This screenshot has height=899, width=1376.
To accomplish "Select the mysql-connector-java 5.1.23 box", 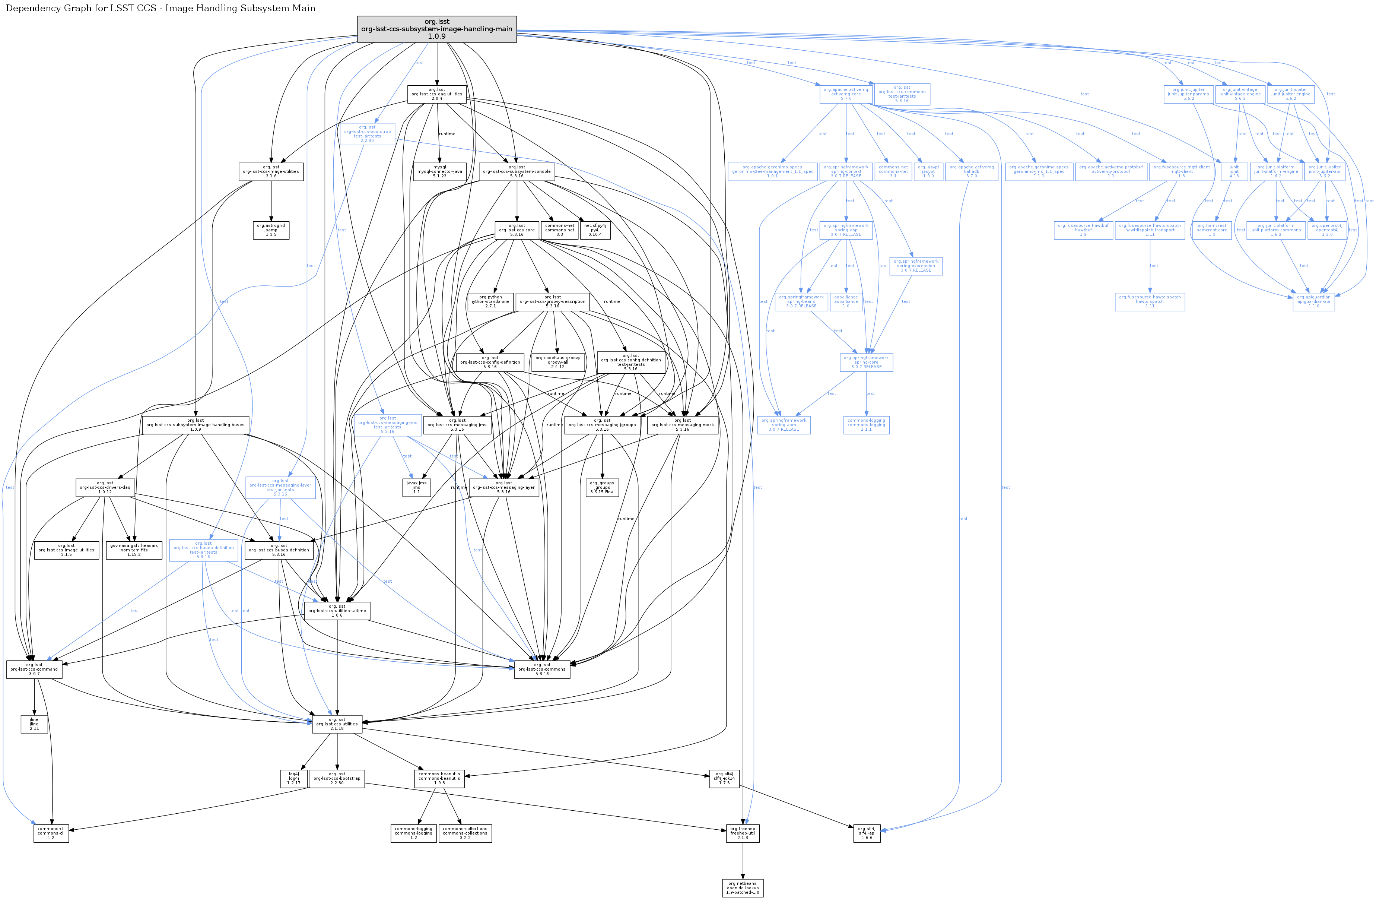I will tap(439, 171).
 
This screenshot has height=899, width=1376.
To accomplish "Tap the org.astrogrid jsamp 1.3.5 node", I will tap(271, 230).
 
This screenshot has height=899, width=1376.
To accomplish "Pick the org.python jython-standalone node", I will tap(490, 301).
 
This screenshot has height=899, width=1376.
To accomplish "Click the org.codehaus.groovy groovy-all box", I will tap(557, 362).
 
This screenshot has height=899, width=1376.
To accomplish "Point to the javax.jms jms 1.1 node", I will tap(416, 487).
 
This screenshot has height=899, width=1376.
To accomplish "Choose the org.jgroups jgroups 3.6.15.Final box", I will tap(602, 487).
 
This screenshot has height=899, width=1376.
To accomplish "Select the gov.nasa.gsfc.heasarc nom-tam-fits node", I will tap(134, 550).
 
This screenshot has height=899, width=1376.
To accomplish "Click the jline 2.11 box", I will tap(34, 724).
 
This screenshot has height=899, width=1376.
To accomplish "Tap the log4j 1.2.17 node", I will tap(294, 778).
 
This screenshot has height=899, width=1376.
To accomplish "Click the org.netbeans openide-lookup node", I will tap(742, 888).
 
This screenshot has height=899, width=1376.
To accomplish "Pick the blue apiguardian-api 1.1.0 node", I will tap(1313, 301).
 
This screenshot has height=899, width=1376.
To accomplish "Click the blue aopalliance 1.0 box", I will tap(846, 301).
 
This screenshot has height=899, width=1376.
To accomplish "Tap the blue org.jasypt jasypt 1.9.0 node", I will tap(928, 171).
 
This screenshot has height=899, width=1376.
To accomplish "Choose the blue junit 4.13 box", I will tap(1234, 171).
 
